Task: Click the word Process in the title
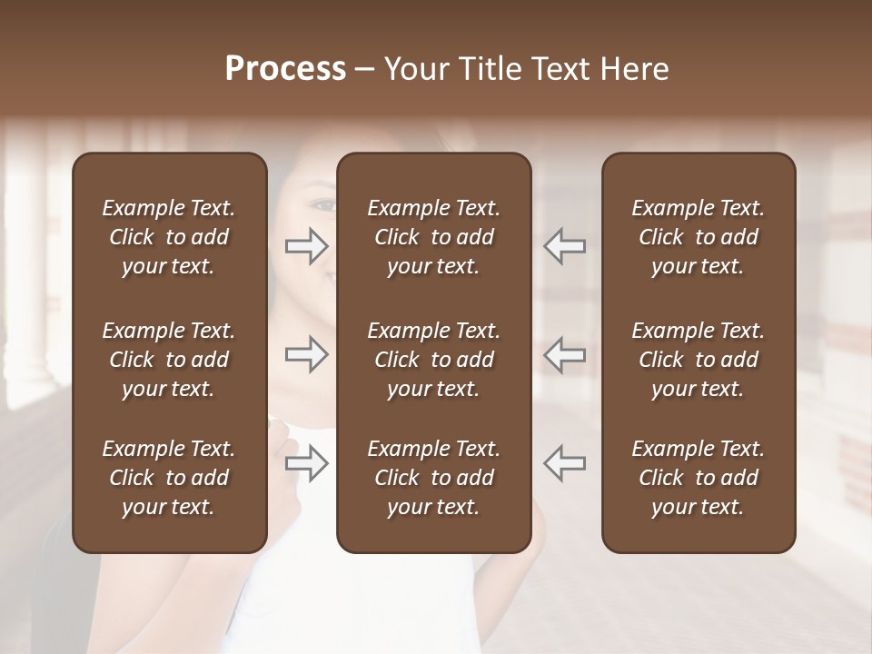coord(285,69)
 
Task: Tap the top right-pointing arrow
coord(307,245)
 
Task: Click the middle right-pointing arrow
coord(307,354)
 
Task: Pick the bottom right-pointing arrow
coord(307,464)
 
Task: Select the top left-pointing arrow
coord(565,245)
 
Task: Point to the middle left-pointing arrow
coord(565,354)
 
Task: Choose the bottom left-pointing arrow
coord(565,464)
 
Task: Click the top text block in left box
coord(169,237)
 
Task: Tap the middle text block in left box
coord(169,360)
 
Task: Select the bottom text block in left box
coord(169,478)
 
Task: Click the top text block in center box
coord(433,237)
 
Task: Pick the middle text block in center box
coord(433,360)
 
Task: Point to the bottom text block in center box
coord(433,478)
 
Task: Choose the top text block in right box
coord(698,237)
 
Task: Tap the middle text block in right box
coord(698,360)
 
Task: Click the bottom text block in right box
coord(698,478)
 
